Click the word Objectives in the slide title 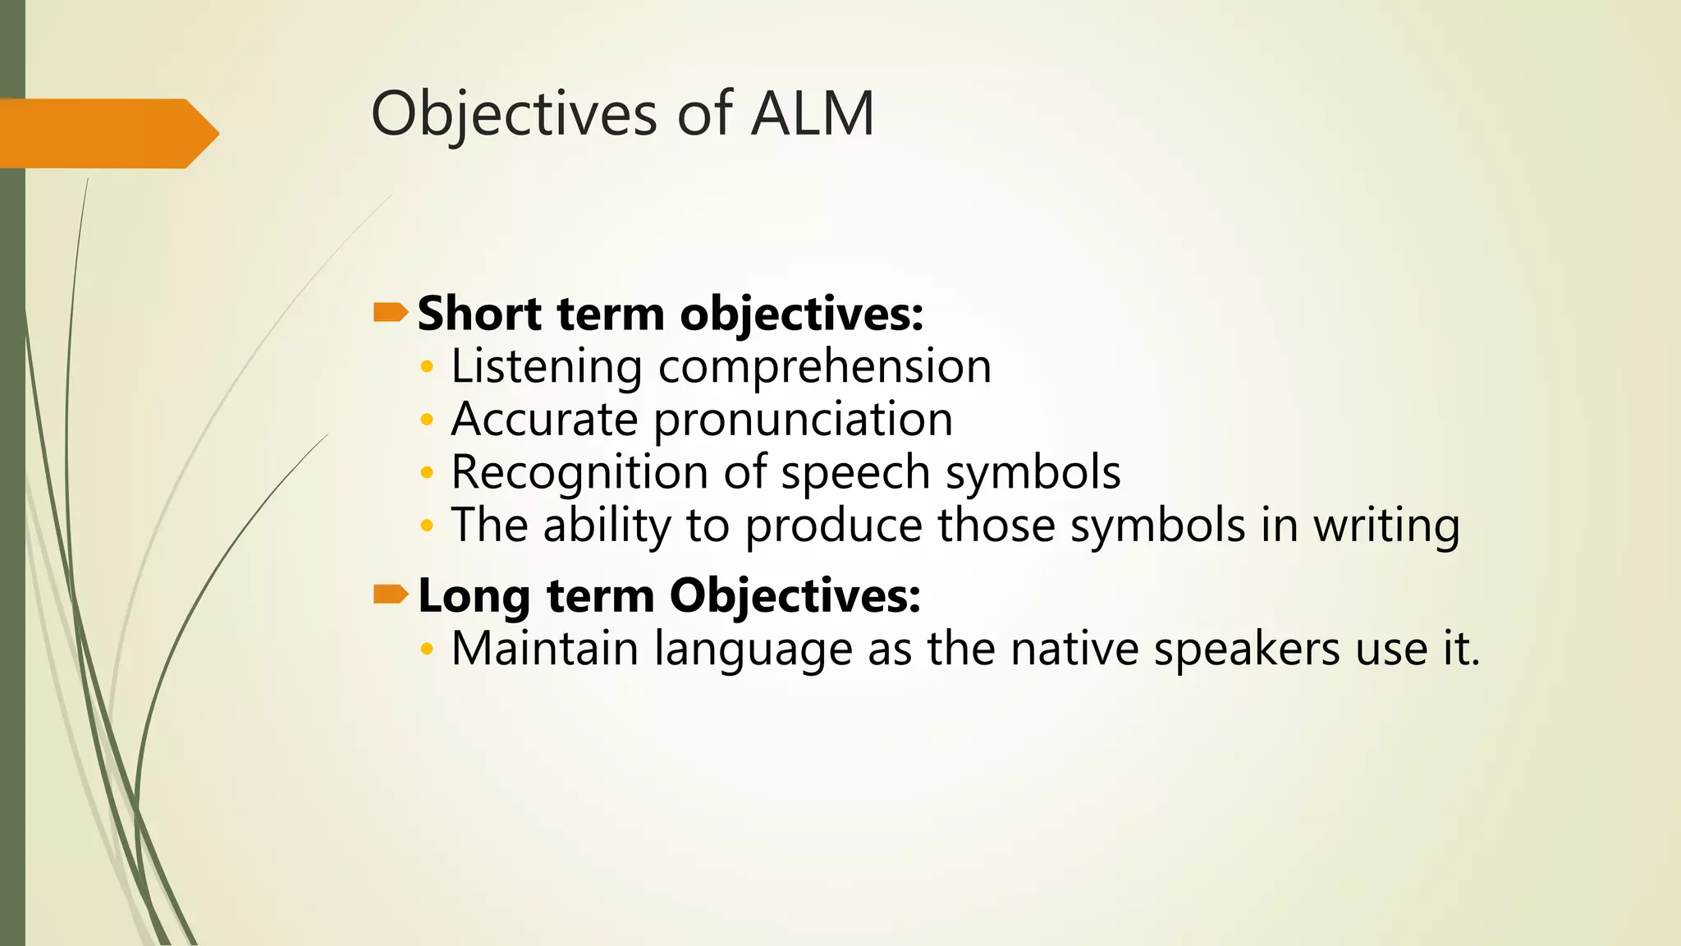coord(514,115)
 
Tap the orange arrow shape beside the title coord(107,133)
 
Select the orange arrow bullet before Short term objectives coord(391,312)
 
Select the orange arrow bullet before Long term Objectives coord(391,594)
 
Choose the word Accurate coord(544,420)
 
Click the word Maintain coord(544,649)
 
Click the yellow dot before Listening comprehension coord(425,367)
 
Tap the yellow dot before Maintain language coord(425,650)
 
